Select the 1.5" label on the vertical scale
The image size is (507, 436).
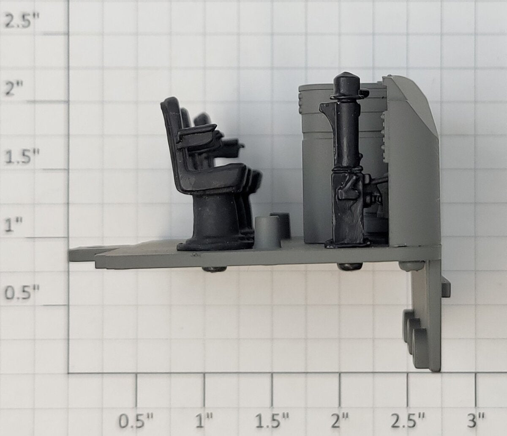click(22, 157)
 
